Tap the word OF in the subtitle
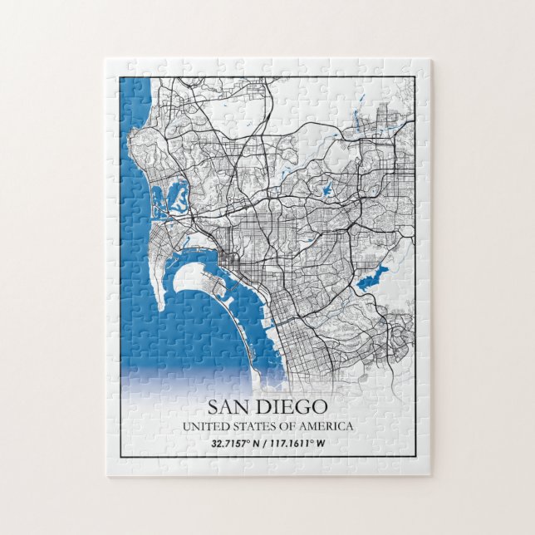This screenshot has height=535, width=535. click(288, 426)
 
